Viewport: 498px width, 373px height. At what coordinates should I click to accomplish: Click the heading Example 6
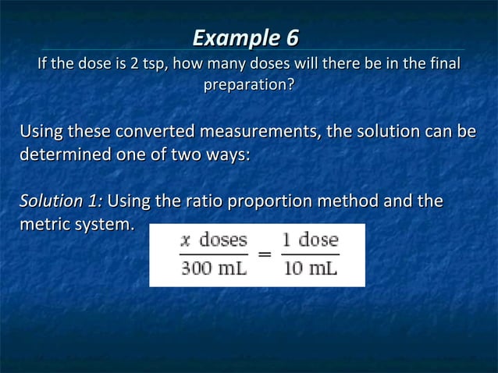245,37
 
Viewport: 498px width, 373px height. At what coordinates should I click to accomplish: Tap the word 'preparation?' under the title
249,83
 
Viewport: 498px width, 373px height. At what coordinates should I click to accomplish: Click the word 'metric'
43,225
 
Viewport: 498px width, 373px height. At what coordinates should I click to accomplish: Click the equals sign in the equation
265,254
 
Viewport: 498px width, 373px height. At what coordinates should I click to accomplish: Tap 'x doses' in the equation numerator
214,240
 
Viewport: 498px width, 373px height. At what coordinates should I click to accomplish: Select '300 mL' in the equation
214,269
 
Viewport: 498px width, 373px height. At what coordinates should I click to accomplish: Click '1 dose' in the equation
310,240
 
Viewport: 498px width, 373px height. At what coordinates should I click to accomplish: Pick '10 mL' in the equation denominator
310,269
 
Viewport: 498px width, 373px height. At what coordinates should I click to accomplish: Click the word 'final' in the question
444,63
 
